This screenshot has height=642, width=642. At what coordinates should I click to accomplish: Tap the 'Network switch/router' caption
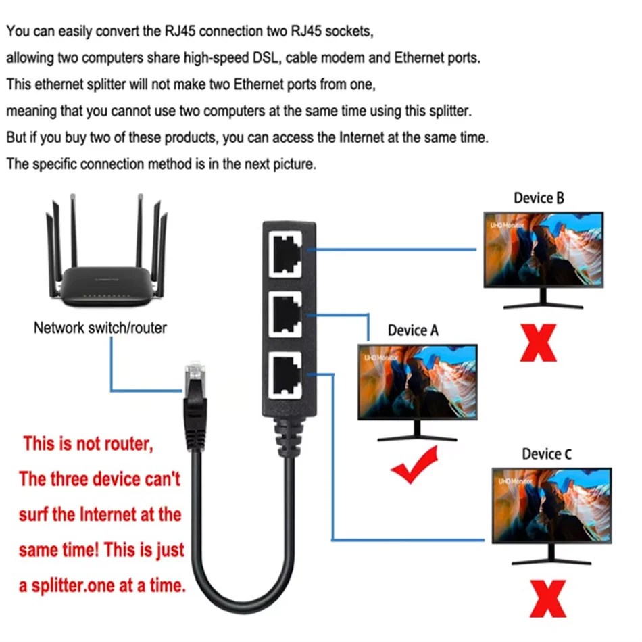(x=100, y=328)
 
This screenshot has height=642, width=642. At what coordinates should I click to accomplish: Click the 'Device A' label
(x=413, y=330)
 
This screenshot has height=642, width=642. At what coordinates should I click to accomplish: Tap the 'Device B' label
(x=539, y=198)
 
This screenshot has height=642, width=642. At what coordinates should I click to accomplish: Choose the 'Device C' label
(x=546, y=454)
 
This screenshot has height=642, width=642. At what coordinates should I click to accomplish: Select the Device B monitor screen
(x=543, y=250)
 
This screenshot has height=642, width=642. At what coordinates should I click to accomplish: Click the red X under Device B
(x=538, y=343)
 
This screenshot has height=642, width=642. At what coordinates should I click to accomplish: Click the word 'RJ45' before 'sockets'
(x=291, y=31)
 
